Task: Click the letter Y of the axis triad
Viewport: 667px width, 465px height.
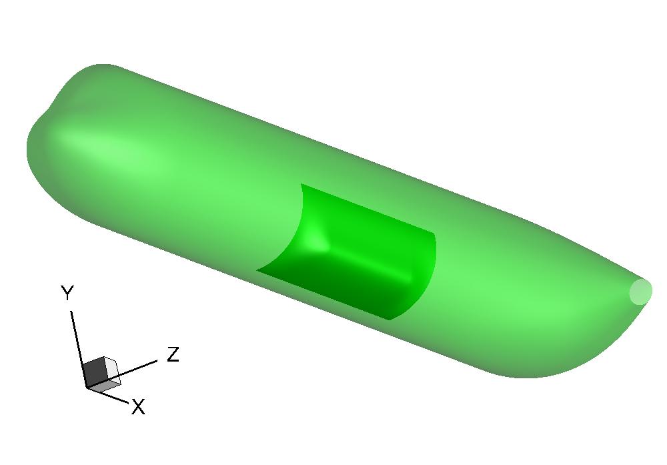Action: (x=67, y=293)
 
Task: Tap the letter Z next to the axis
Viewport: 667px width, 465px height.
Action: (x=173, y=354)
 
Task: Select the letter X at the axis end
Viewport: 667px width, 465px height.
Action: (x=138, y=407)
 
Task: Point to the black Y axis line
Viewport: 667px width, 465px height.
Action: (x=79, y=349)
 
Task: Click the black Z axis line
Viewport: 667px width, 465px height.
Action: (x=122, y=374)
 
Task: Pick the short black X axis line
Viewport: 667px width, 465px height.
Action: (x=107, y=395)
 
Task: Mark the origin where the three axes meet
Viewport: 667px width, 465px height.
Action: (x=87, y=387)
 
